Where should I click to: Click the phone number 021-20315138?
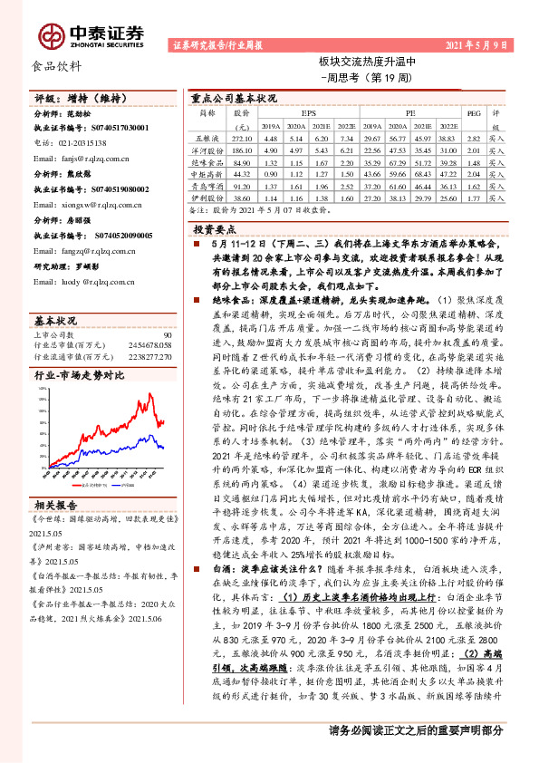[x=75, y=143]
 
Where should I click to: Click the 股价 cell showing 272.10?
[x=241, y=139]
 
